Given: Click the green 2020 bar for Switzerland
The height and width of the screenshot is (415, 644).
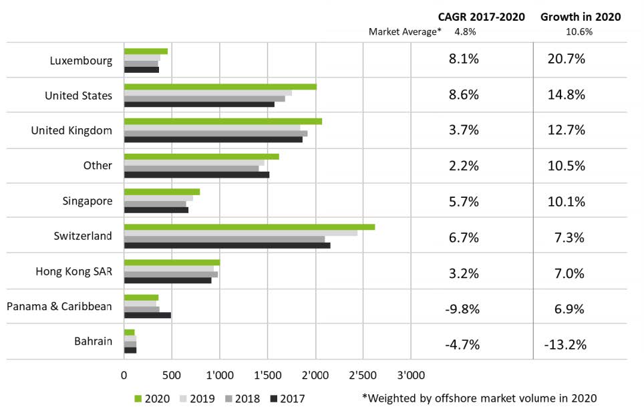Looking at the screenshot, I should pyautogui.click(x=249, y=227).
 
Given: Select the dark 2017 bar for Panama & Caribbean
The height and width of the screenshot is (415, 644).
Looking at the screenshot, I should pyautogui.click(x=148, y=315).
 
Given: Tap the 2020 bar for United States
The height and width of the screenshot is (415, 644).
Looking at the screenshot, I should pyautogui.click(x=220, y=87).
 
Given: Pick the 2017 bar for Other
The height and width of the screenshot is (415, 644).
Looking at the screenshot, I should pyautogui.click(x=196, y=175).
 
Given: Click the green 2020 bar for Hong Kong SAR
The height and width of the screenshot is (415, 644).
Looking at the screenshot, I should pyautogui.click(x=172, y=263).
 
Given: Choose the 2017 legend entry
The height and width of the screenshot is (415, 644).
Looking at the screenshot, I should pyautogui.click(x=285, y=399).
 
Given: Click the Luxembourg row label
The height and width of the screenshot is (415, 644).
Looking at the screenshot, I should pyautogui.click(x=81, y=60).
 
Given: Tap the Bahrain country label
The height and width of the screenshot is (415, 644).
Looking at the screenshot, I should pyautogui.click(x=93, y=341).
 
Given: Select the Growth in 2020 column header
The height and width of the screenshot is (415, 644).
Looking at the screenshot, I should pyautogui.click(x=581, y=17).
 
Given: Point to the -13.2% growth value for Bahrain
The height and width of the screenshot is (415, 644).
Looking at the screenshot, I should pyautogui.click(x=567, y=345).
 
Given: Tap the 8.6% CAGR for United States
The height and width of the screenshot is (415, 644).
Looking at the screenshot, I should pyautogui.click(x=463, y=94).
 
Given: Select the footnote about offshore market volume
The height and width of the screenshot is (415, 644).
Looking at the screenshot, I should pyautogui.click(x=478, y=398).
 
